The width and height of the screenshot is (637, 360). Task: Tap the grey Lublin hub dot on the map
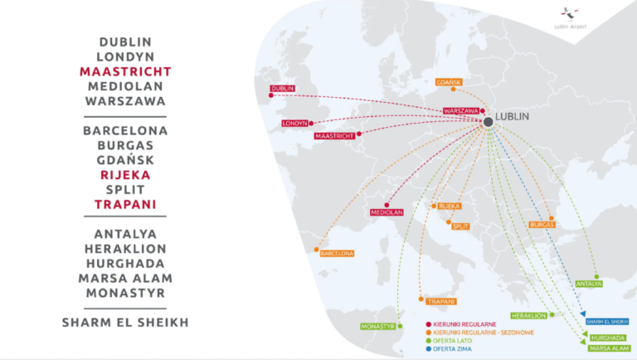489,122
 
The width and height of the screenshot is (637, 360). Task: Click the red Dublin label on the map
283,89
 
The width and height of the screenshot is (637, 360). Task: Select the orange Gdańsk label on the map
449,81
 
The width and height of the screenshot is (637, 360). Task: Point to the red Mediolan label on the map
387,212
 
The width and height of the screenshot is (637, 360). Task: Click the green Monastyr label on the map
377,326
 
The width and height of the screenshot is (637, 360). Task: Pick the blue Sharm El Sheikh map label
606,322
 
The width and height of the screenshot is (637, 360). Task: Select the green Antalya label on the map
589,284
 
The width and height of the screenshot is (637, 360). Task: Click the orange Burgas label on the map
542,225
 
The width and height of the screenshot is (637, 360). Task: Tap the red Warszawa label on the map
460,110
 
